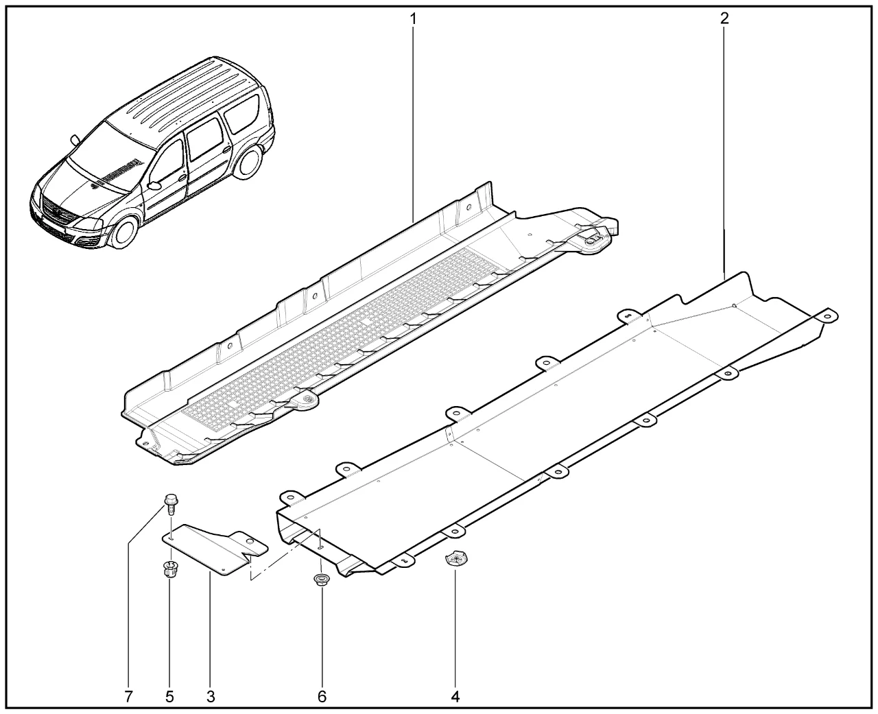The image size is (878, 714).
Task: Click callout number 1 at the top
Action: [413, 19]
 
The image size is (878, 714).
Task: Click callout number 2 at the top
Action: [724, 18]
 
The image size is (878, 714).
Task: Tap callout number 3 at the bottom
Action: [211, 697]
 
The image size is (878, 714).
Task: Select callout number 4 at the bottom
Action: [455, 697]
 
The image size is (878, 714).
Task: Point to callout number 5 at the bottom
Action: [170, 697]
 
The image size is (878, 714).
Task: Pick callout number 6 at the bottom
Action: [322, 697]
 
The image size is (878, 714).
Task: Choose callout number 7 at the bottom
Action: [128, 697]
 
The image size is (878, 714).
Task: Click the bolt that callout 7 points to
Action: [169, 503]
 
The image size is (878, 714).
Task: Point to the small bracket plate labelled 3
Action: [214, 547]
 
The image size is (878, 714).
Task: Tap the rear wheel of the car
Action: [249, 163]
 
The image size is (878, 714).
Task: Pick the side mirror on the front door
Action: [154, 185]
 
